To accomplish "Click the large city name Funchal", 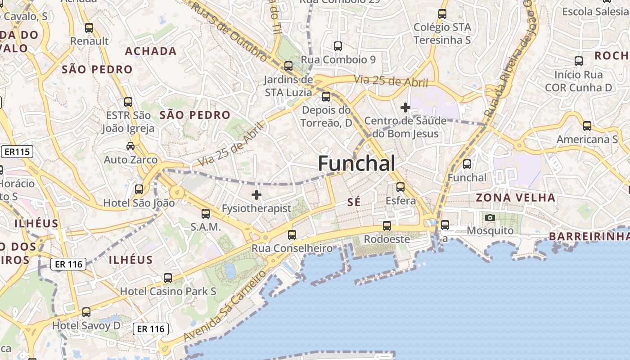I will point(356,163).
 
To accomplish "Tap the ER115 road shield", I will point(18,152).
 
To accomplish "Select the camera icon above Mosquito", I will point(490,218).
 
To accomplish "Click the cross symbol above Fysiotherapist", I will point(256,195).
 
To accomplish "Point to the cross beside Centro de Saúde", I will point(405,108).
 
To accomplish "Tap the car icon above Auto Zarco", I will point(130,146).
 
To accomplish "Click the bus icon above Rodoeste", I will point(387,226).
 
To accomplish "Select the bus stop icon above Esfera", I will point(400,187).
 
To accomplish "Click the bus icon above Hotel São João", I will point(139,189).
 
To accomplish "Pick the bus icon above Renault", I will point(89,28).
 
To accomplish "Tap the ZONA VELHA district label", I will point(515,198).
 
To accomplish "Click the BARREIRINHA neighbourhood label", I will point(589,236).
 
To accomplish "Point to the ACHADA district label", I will point(151,51).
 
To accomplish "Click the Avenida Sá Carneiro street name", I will point(225,306).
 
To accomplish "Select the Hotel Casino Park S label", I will point(168,291).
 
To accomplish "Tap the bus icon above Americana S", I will point(587,126).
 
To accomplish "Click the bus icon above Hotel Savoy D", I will point(86,312).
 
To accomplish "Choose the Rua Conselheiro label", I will point(292,248).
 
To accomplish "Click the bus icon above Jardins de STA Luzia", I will point(288,66).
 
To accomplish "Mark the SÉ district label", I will point(354,202).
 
